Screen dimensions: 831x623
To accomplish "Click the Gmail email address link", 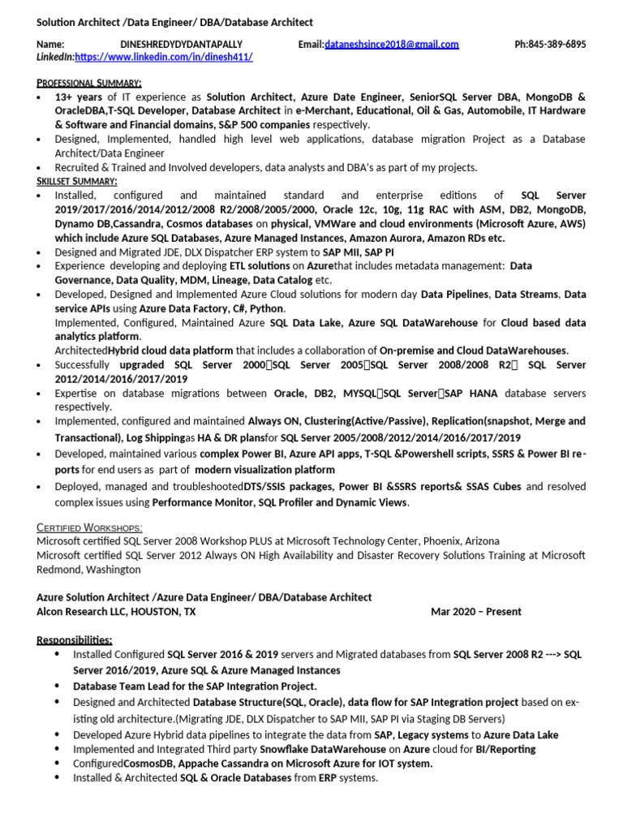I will (x=392, y=45).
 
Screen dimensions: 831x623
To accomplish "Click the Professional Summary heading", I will (x=89, y=83).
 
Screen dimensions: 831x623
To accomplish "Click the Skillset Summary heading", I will (x=77, y=181).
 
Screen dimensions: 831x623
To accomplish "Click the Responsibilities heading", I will (x=75, y=639).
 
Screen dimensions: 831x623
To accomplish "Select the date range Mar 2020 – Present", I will (x=476, y=611).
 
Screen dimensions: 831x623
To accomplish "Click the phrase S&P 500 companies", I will (x=264, y=125).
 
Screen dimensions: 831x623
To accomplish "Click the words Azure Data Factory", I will (x=183, y=309).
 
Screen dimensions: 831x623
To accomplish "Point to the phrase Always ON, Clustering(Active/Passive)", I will (x=337, y=421).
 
